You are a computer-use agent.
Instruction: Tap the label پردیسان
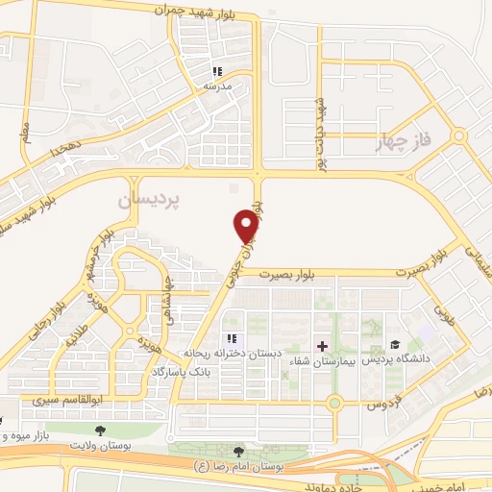149,200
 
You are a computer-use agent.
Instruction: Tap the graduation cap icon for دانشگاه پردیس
395,344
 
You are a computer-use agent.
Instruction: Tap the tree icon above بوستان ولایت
101,430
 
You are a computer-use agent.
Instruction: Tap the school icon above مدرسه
217,71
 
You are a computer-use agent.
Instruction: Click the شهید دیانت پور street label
322,134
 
